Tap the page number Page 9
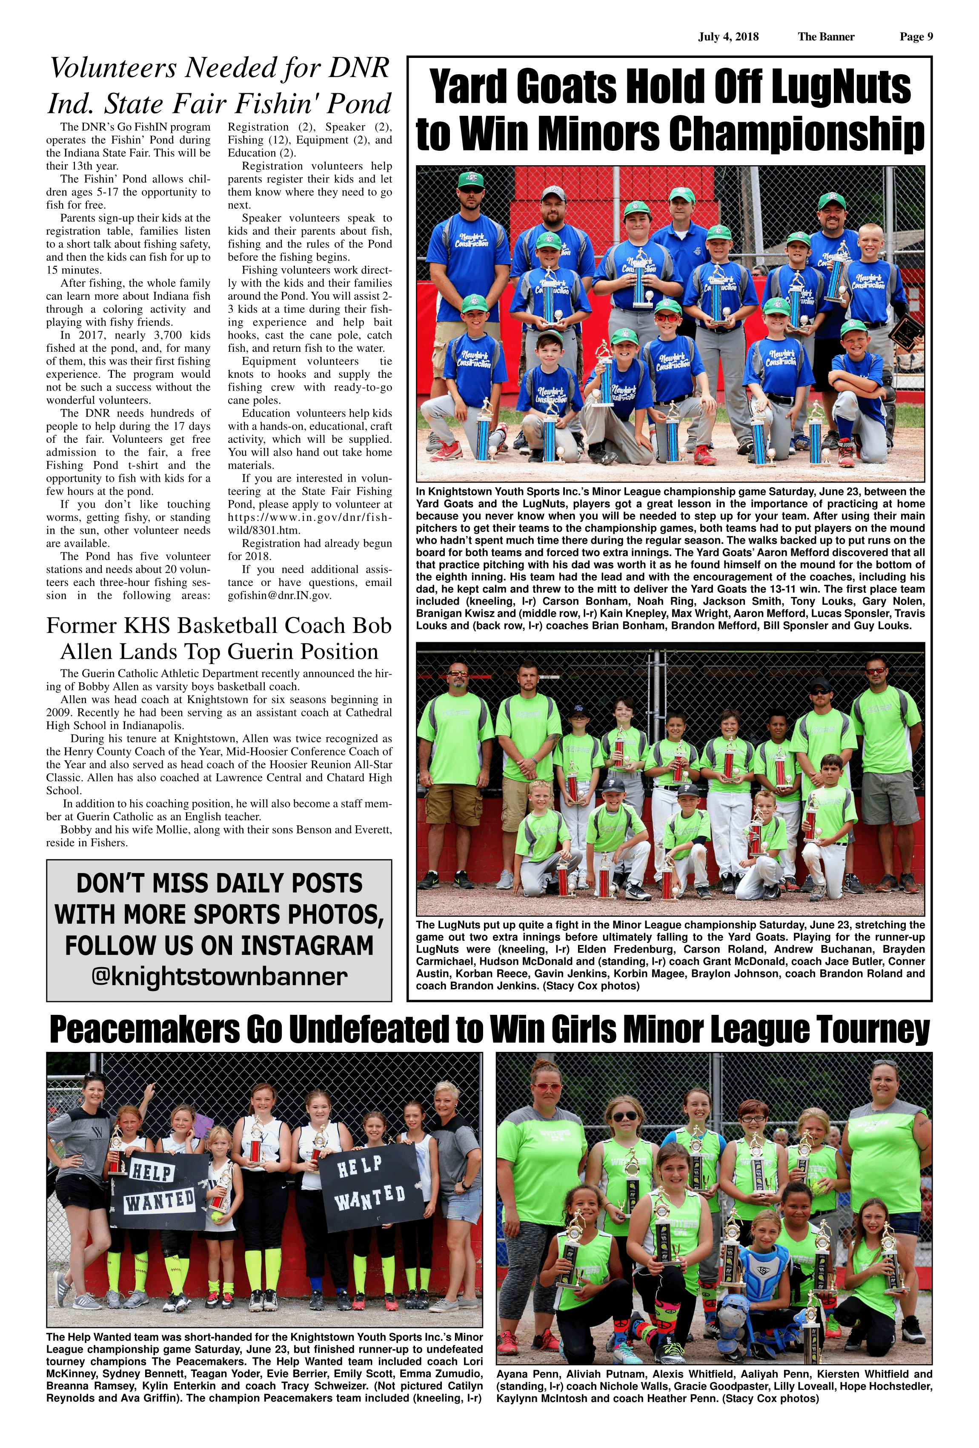tap(916, 37)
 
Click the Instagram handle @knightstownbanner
tap(219, 977)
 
